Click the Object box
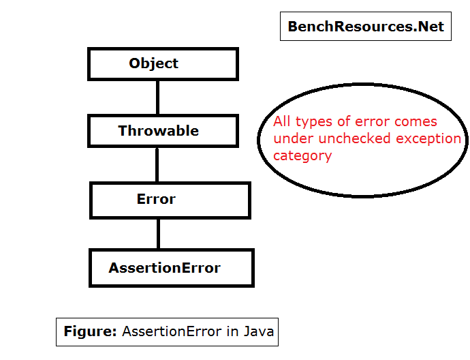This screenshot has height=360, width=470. tap(163, 63)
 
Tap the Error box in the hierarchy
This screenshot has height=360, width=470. tap(170, 200)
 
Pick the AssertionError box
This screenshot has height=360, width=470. tap(171, 268)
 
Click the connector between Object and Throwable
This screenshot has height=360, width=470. tap(158, 97)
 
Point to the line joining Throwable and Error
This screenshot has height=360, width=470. tap(158, 165)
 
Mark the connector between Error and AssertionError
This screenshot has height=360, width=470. tap(158, 234)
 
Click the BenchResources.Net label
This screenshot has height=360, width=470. tap(365, 27)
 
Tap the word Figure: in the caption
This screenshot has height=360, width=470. tap(91, 332)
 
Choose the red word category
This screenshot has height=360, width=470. tap(302, 156)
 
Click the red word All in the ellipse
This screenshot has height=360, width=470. tap(282, 122)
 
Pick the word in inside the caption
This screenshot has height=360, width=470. tap(233, 332)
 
